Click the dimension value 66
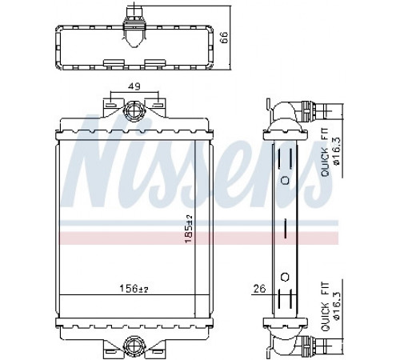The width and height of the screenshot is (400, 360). tap(224, 38)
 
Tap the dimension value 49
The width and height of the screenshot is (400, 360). tap(134, 86)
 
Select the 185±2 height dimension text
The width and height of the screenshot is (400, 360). tap(189, 230)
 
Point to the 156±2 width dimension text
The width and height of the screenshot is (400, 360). tap(134, 288)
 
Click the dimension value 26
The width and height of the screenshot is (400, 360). tap(259, 289)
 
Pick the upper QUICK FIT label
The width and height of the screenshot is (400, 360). tap(326, 153)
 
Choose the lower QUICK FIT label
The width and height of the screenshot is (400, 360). tap(326, 306)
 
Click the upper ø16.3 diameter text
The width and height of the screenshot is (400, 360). tap(337, 151)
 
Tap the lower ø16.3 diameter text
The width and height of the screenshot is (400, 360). tap(337, 305)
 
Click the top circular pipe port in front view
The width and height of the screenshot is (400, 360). tap(133, 110)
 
